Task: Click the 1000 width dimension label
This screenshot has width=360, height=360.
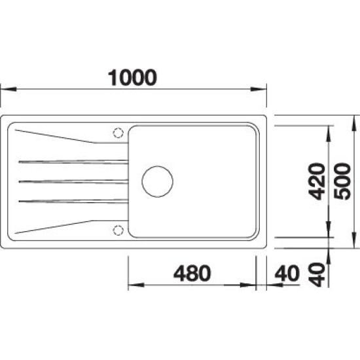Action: (x=132, y=78)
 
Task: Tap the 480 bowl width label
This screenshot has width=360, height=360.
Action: (x=192, y=273)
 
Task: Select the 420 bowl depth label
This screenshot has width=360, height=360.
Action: (x=317, y=181)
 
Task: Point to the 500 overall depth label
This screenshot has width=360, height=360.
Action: (x=342, y=181)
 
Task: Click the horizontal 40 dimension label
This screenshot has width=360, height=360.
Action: (x=287, y=273)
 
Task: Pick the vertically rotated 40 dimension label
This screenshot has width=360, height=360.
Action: (x=317, y=275)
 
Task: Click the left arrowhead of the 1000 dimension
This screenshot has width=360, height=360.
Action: (x=9, y=89)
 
